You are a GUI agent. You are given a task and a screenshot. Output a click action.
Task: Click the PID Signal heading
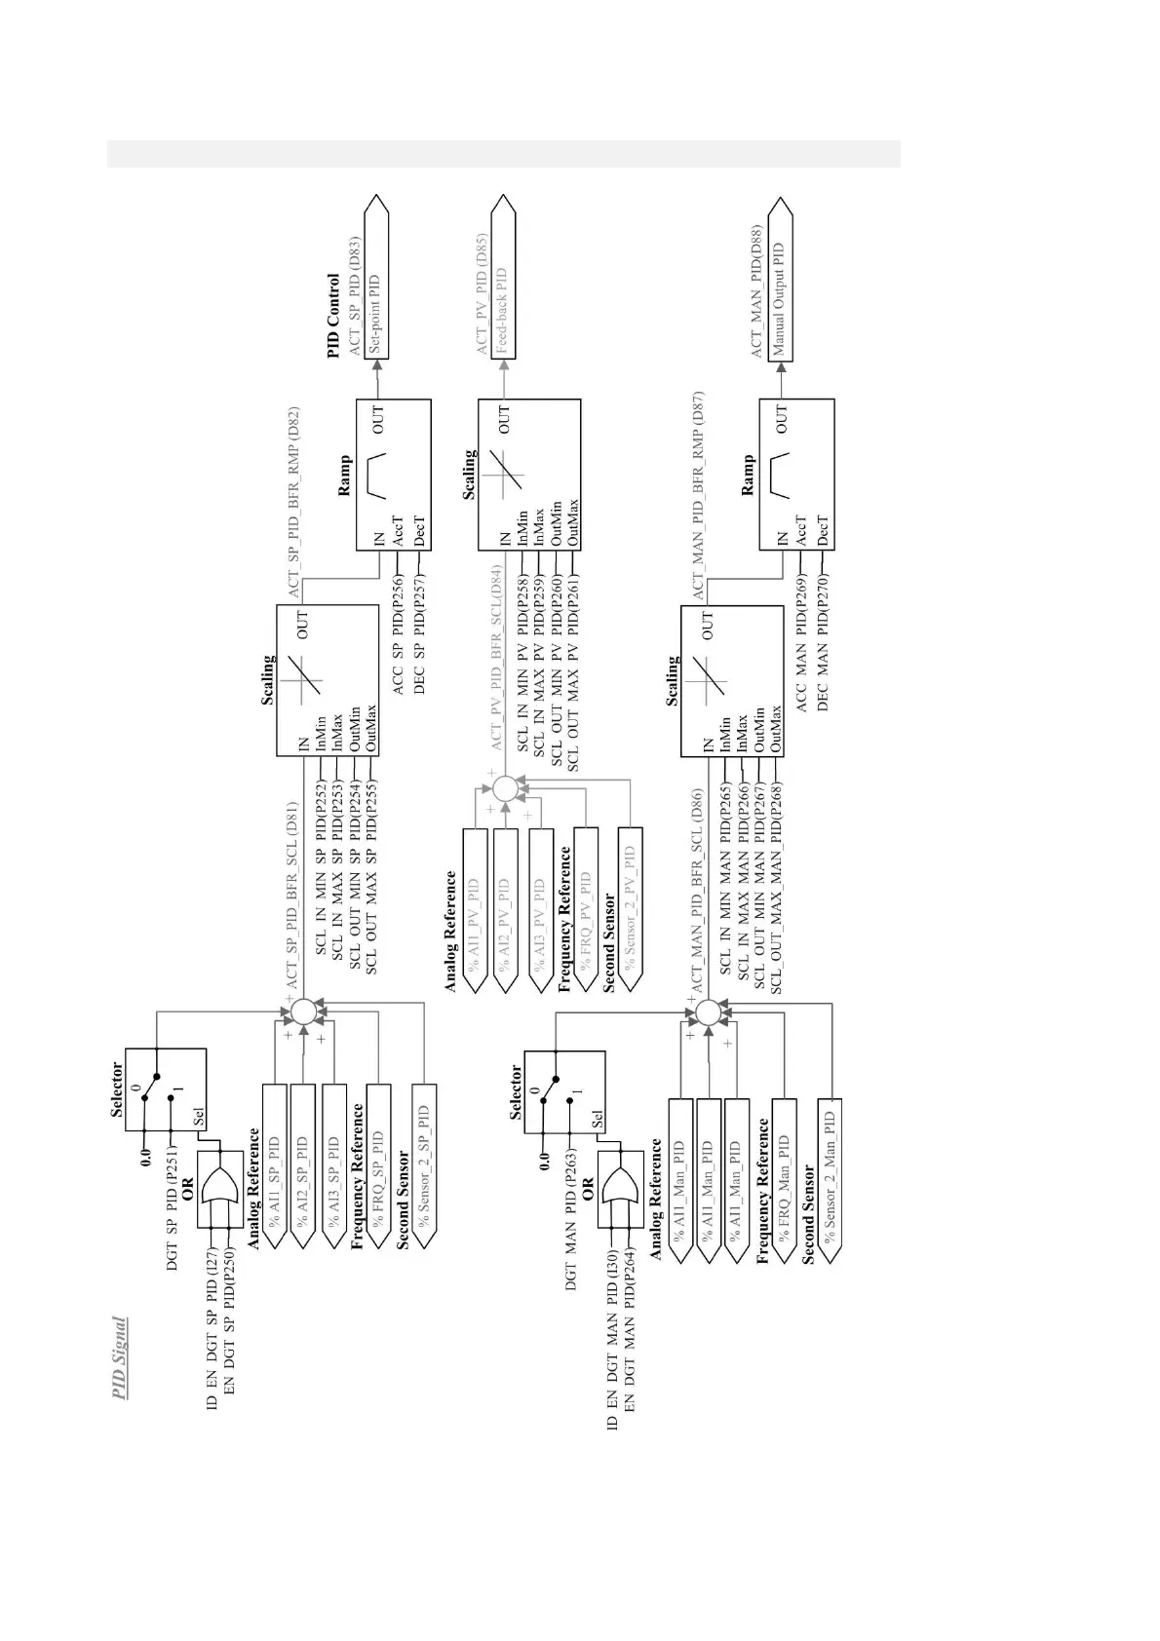tap(119, 1358)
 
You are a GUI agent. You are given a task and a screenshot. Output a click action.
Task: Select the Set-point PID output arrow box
tap(376, 284)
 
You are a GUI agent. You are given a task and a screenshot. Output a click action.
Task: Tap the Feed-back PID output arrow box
tap(502, 284)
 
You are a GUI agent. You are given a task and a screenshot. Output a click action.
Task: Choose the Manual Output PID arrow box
tap(779, 284)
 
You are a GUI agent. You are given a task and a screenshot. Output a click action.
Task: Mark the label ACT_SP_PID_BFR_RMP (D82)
tap(293, 502)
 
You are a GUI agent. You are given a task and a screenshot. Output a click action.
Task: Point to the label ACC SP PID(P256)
tap(398, 635)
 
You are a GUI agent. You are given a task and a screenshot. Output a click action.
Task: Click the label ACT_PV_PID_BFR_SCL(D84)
tap(496, 658)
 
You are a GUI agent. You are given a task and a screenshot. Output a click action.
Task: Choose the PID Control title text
tap(333, 315)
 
